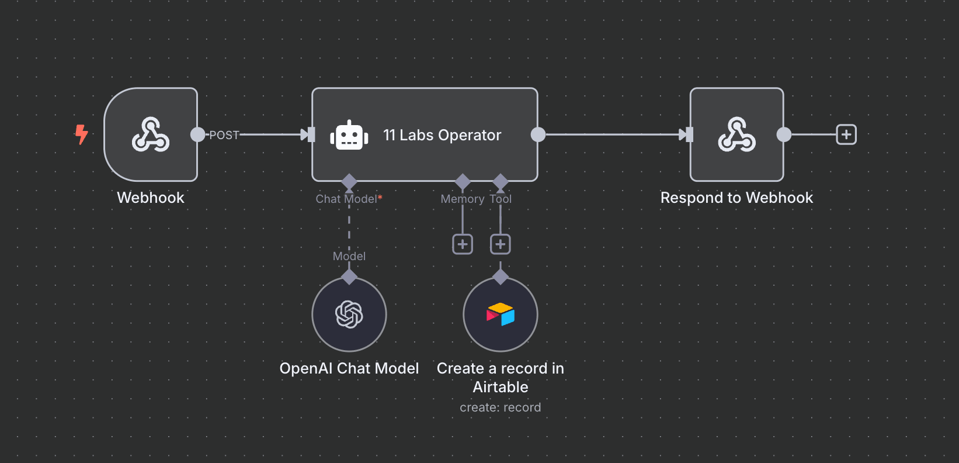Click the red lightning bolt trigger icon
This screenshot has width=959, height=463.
point(81,134)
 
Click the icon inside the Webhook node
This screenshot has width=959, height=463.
point(151,134)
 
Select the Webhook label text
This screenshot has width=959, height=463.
point(151,198)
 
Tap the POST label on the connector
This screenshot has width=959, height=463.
point(224,135)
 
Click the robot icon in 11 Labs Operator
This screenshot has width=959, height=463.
point(349,136)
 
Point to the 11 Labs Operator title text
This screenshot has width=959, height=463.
point(442,135)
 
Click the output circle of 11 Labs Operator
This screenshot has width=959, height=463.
point(538,134)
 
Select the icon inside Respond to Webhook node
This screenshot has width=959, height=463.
point(736,134)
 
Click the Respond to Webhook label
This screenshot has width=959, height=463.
point(736,198)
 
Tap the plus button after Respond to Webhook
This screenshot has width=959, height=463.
point(846,134)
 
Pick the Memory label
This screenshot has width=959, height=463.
point(462,199)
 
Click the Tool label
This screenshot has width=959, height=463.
point(501,199)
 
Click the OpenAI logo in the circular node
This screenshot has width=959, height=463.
point(349,315)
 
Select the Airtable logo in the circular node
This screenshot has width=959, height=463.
point(501,315)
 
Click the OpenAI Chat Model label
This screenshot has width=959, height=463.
point(349,368)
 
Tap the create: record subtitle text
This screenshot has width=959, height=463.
point(501,407)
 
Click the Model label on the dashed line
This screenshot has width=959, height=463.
point(349,256)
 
